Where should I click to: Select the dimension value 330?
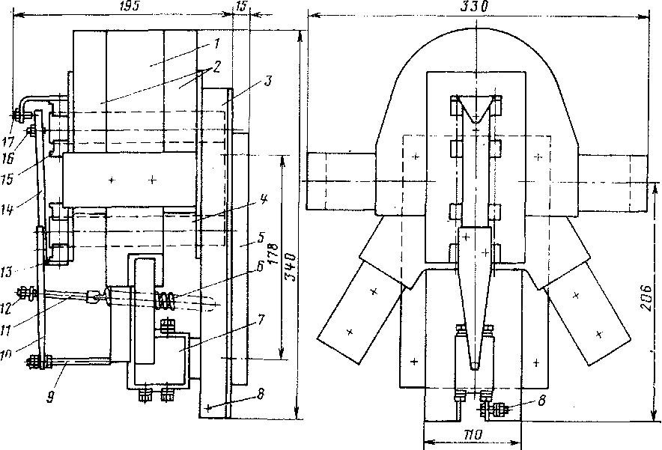pos(474,7)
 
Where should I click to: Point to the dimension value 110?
pos(471,434)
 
